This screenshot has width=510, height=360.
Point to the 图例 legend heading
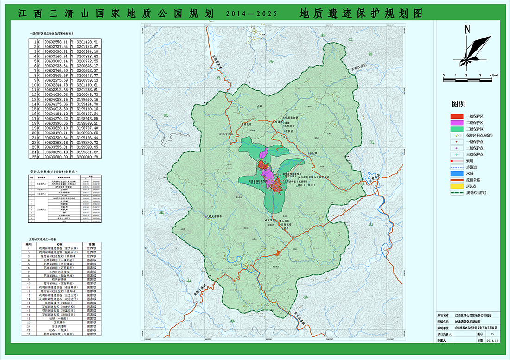point(459,104)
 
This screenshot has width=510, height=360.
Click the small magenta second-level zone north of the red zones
point(265,153)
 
